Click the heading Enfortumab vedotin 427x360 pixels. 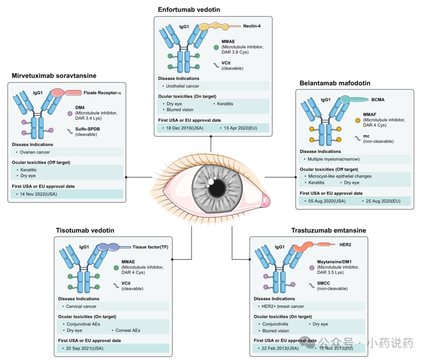tap(189, 9)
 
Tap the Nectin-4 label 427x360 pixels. tap(252, 27)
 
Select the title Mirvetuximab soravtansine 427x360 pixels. tap(54, 76)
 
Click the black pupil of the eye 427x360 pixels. tap(217, 188)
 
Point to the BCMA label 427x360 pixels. tap(378, 100)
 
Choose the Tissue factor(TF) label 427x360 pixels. tap(150, 247)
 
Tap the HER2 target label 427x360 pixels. tap(345, 244)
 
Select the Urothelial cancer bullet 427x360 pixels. tap(183, 86)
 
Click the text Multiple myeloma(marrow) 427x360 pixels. tap(333, 159)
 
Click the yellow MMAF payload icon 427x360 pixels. tap(358, 119)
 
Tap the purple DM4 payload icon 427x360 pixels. tap(70, 114)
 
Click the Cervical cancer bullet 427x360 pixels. tap(81, 306)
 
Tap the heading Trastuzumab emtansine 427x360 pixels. tap(329, 230)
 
